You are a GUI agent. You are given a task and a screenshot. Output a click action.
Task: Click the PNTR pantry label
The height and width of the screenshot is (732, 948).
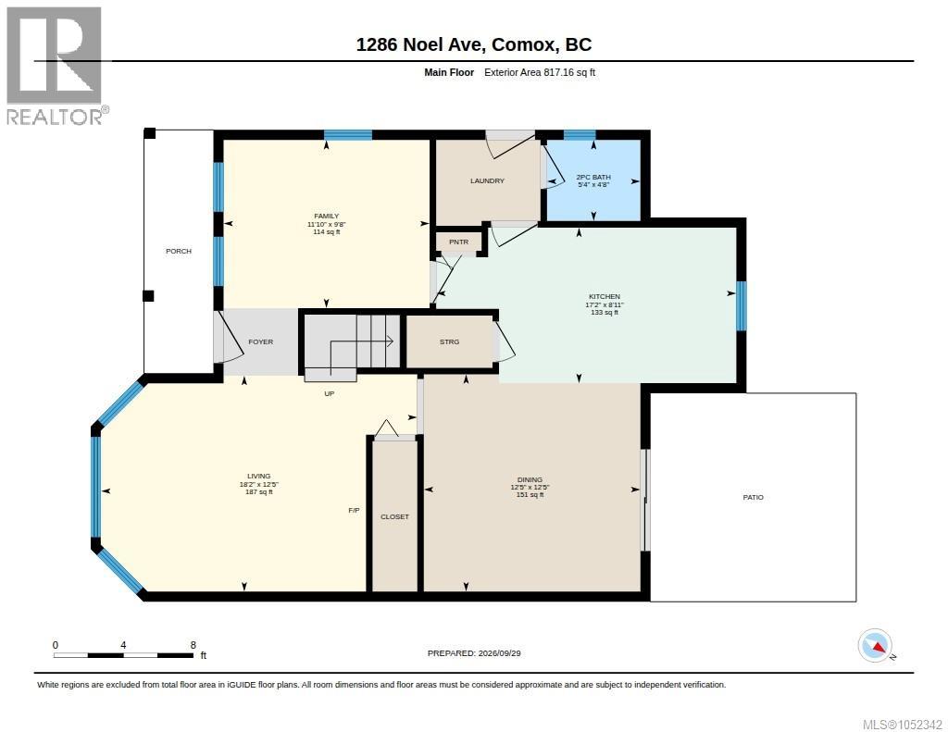[459, 242]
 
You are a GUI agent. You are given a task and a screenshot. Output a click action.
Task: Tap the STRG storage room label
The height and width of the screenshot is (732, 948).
[449, 342]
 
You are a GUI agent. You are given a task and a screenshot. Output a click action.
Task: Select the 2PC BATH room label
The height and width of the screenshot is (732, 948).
[593, 177]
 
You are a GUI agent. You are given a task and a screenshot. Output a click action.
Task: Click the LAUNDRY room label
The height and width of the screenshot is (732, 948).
[487, 180]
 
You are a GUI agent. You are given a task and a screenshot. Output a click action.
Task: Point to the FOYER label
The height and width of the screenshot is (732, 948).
[260, 342]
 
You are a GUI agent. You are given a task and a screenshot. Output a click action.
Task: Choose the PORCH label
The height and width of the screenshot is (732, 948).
[179, 251]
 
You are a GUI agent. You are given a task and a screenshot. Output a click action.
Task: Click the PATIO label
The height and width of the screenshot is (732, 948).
[754, 498]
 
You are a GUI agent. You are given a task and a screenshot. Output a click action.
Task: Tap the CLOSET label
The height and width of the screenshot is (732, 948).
[394, 516]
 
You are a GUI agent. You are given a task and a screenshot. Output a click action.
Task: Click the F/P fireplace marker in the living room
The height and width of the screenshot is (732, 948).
[355, 511]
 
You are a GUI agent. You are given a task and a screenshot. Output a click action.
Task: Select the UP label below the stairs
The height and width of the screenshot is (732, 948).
[329, 393]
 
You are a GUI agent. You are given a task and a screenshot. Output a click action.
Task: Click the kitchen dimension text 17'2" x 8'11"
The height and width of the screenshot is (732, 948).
[605, 304]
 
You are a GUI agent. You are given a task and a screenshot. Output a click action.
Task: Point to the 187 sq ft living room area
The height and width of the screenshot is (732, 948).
[259, 492]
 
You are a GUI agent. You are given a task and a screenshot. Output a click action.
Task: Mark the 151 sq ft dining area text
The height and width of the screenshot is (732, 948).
[530, 495]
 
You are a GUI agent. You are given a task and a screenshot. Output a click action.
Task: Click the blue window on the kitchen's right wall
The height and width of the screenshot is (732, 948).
[742, 306]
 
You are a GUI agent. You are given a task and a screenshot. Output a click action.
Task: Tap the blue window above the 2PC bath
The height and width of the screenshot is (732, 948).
[580, 135]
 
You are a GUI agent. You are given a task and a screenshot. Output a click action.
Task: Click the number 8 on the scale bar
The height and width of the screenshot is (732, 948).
[193, 645]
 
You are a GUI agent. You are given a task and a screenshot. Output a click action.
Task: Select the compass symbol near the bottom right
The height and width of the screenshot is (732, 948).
[875, 646]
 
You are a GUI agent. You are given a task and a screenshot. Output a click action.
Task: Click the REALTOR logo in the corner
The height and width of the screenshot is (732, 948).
[55, 66]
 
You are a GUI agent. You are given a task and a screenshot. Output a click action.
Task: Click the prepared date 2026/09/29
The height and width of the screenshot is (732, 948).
[499, 653]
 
